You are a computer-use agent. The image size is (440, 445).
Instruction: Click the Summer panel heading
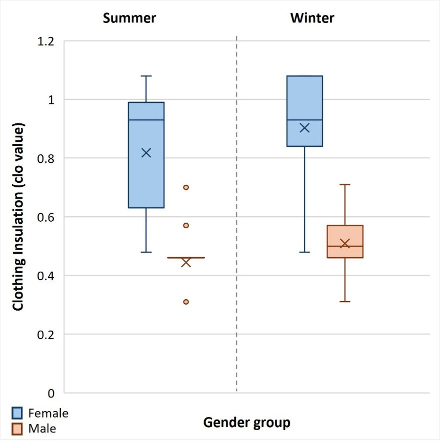pos(129,18)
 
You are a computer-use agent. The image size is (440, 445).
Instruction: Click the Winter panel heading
pos(312,18)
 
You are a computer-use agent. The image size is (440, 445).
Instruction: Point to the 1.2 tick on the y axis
pos(46,41)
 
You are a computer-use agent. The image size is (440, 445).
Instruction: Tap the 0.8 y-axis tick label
pos(46,159)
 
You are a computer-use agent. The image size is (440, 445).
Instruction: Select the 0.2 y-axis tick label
pos(46,334)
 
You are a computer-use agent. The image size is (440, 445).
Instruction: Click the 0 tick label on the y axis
pos(51,393)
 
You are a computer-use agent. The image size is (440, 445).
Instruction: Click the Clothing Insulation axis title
pos(18,217)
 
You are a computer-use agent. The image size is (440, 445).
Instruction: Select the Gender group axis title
pos(247,423)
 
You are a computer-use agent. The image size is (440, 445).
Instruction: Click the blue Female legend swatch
pos(17,413)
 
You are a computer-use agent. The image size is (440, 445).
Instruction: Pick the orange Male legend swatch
pos(17,429)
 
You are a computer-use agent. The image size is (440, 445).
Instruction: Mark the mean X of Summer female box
pos(146,153)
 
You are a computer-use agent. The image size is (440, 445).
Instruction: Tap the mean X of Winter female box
pos(305,128)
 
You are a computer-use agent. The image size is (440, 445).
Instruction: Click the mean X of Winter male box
pos(345,243)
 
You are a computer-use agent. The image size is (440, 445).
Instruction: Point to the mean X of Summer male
pos(186,262)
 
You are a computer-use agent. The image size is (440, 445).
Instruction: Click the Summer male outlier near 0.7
pos(186,187)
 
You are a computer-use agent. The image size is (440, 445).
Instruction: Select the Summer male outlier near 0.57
pos(186,225)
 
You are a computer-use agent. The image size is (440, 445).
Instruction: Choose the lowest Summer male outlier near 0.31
pos(186,302)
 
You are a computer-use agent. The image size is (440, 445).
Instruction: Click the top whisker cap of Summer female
pos(146,76)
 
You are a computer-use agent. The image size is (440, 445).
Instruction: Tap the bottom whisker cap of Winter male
pos(345,301)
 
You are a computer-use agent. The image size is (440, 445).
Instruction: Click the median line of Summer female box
pos(146,120)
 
